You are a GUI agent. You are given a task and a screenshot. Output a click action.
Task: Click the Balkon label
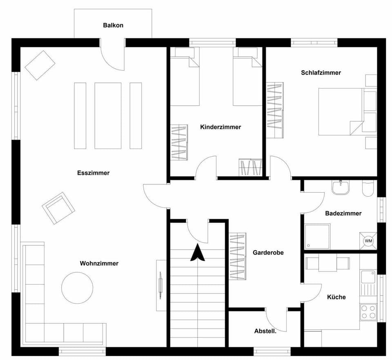pyautogui.click(x=113, y=25)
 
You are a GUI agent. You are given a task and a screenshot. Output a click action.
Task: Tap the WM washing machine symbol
pyautogui.click(x=369, y=241)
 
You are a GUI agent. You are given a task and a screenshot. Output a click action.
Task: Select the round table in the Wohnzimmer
pyautogui.click(x=77, y=288)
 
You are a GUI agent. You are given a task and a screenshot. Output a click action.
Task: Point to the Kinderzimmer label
pyautogui.click(x=220, y=127)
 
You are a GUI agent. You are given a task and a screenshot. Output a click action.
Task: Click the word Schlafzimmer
pyautogui.click(x=321, y=73)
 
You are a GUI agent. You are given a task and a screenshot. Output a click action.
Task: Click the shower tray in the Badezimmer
pyautogui.click(x=317, y=236)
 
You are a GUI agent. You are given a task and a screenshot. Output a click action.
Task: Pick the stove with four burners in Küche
pyautogui.click(x=368, y=312)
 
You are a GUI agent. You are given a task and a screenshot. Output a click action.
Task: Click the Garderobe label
pyautogui.click(x=268, y=253)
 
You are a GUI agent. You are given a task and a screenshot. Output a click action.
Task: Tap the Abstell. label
pyautogui.click(x=265, y=331)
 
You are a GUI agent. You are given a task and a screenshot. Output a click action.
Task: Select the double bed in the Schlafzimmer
pyautogui.click(x=340, y=111)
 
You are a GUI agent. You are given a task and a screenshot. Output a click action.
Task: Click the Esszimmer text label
pyautogui.click(x=94, y=173)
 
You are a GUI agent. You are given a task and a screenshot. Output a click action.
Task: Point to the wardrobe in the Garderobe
pyautogui.click(x=238, y=256)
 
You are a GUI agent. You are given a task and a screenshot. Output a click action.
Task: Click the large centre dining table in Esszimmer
pyautogui.click(x=108, y=116)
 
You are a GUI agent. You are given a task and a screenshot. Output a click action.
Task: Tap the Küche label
pyautogui.click(x=336, y=297)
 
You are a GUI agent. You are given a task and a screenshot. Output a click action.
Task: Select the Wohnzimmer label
pyautogui.click(x=99, y=263)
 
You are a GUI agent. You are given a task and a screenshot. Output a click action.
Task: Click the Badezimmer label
pyautogui.click(x=343, y=213)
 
